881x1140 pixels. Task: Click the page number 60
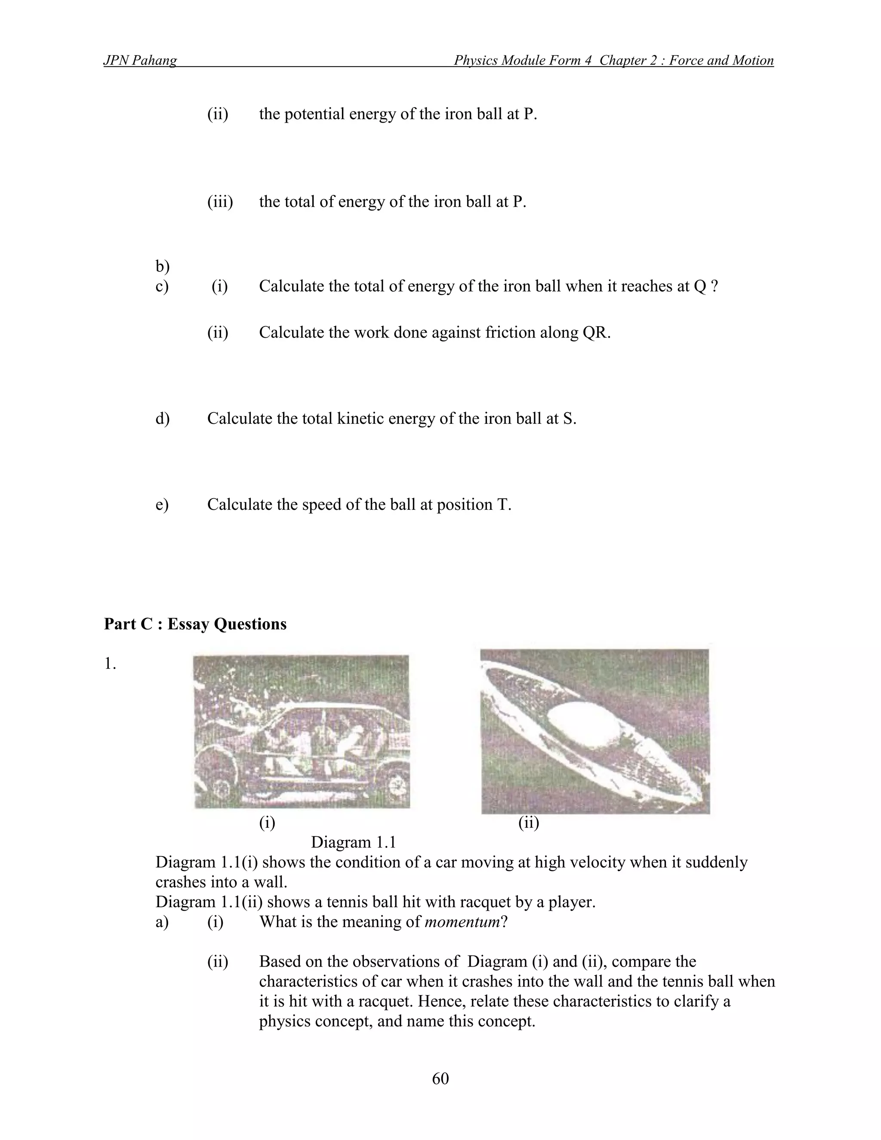[440, 1078]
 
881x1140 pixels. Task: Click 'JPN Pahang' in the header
[140, 61]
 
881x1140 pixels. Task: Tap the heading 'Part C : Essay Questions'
[195, 624]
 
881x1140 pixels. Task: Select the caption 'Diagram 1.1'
[353, 842]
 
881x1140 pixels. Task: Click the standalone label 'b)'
[162, 267]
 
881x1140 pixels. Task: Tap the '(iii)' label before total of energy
[220, 201]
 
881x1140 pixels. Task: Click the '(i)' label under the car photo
[267, 823]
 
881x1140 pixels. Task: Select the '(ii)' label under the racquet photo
[529, 823]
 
